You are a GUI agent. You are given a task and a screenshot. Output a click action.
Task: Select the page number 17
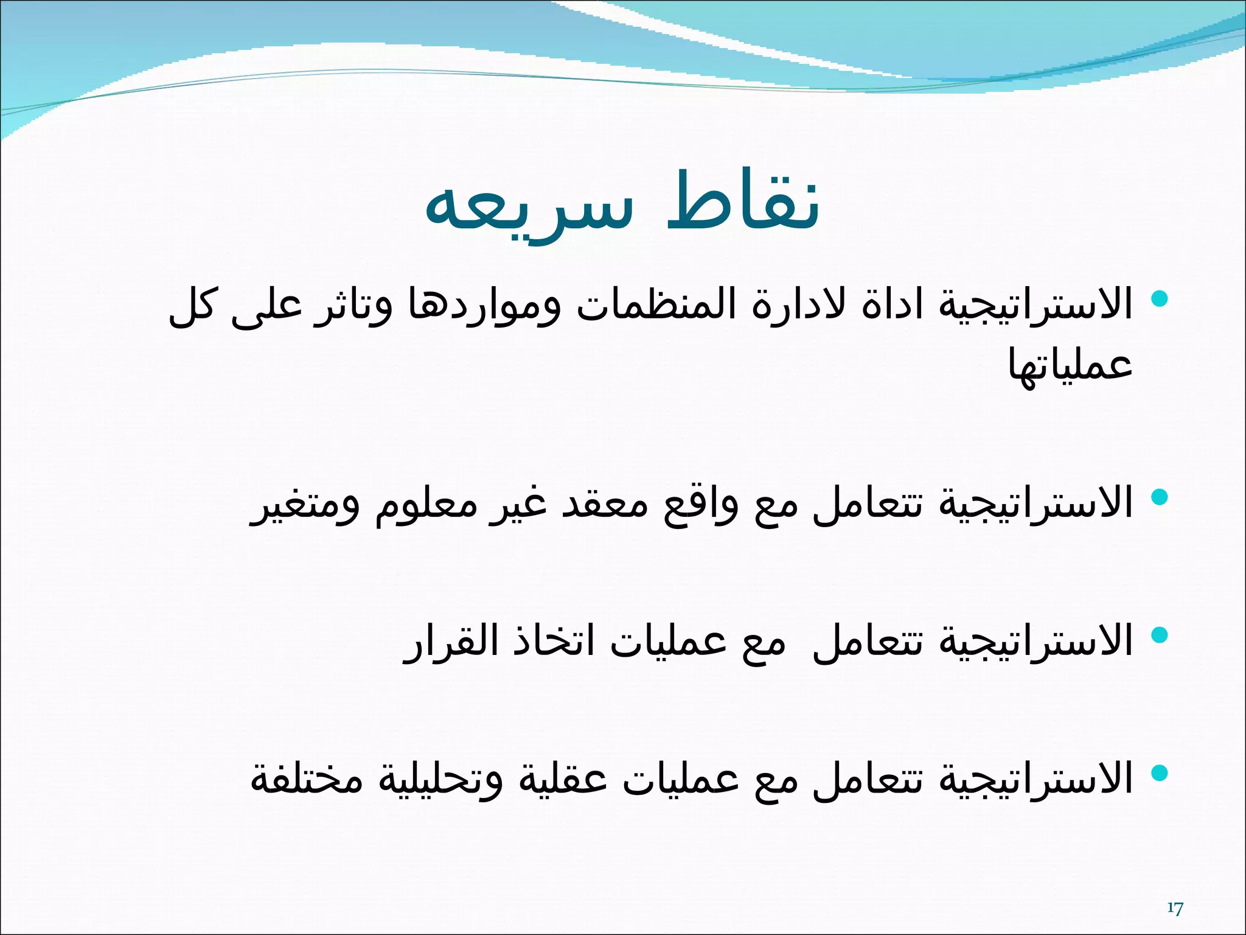[1175, 909]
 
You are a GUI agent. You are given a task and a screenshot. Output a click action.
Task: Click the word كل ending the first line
[191, 304]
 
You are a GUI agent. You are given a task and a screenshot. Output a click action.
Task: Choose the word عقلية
[562, 779]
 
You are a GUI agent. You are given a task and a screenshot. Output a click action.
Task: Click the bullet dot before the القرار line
[1160, 635]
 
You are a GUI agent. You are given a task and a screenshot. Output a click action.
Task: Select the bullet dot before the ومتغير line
[1160, 497]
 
